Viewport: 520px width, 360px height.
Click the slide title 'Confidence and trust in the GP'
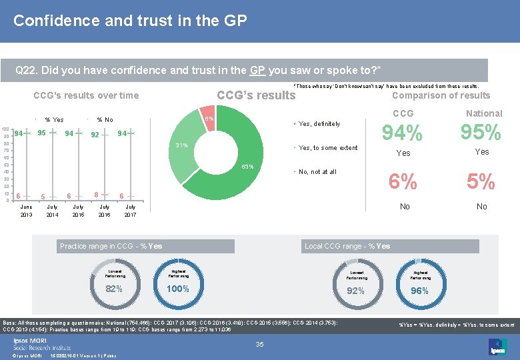coord(130,21)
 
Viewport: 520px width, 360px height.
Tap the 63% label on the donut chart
coord(247,166)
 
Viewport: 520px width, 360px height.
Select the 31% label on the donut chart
coord(181,145)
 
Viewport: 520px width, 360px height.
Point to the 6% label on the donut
coord(209,119)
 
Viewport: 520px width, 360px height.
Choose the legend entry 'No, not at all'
coord(317,172)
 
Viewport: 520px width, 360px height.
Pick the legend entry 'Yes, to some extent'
coord(327,148)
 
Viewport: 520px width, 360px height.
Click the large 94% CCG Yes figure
coord(403,134)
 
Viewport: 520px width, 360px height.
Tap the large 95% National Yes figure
coord(481,133)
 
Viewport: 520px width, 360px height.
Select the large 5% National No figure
coord(481,181)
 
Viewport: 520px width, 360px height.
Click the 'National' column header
coord(483,113)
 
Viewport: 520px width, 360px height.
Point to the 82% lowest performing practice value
coord(114,289)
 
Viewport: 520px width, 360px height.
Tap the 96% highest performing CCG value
coord(420,291)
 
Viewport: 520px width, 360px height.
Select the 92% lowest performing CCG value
coord(356,291)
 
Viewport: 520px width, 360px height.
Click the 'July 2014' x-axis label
coord(51,211)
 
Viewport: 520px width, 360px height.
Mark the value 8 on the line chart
coord(96,195)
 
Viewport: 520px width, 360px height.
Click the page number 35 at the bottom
coord(261,344)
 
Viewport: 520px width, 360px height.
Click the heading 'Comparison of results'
coord(441,95)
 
